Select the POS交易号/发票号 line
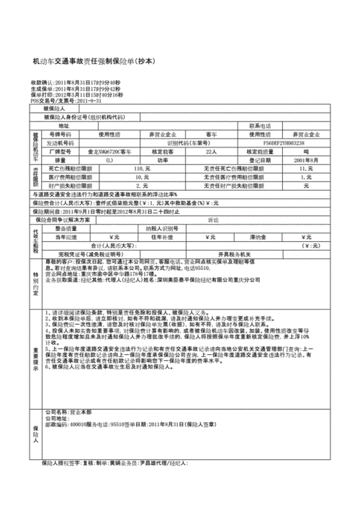pos(64,100)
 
